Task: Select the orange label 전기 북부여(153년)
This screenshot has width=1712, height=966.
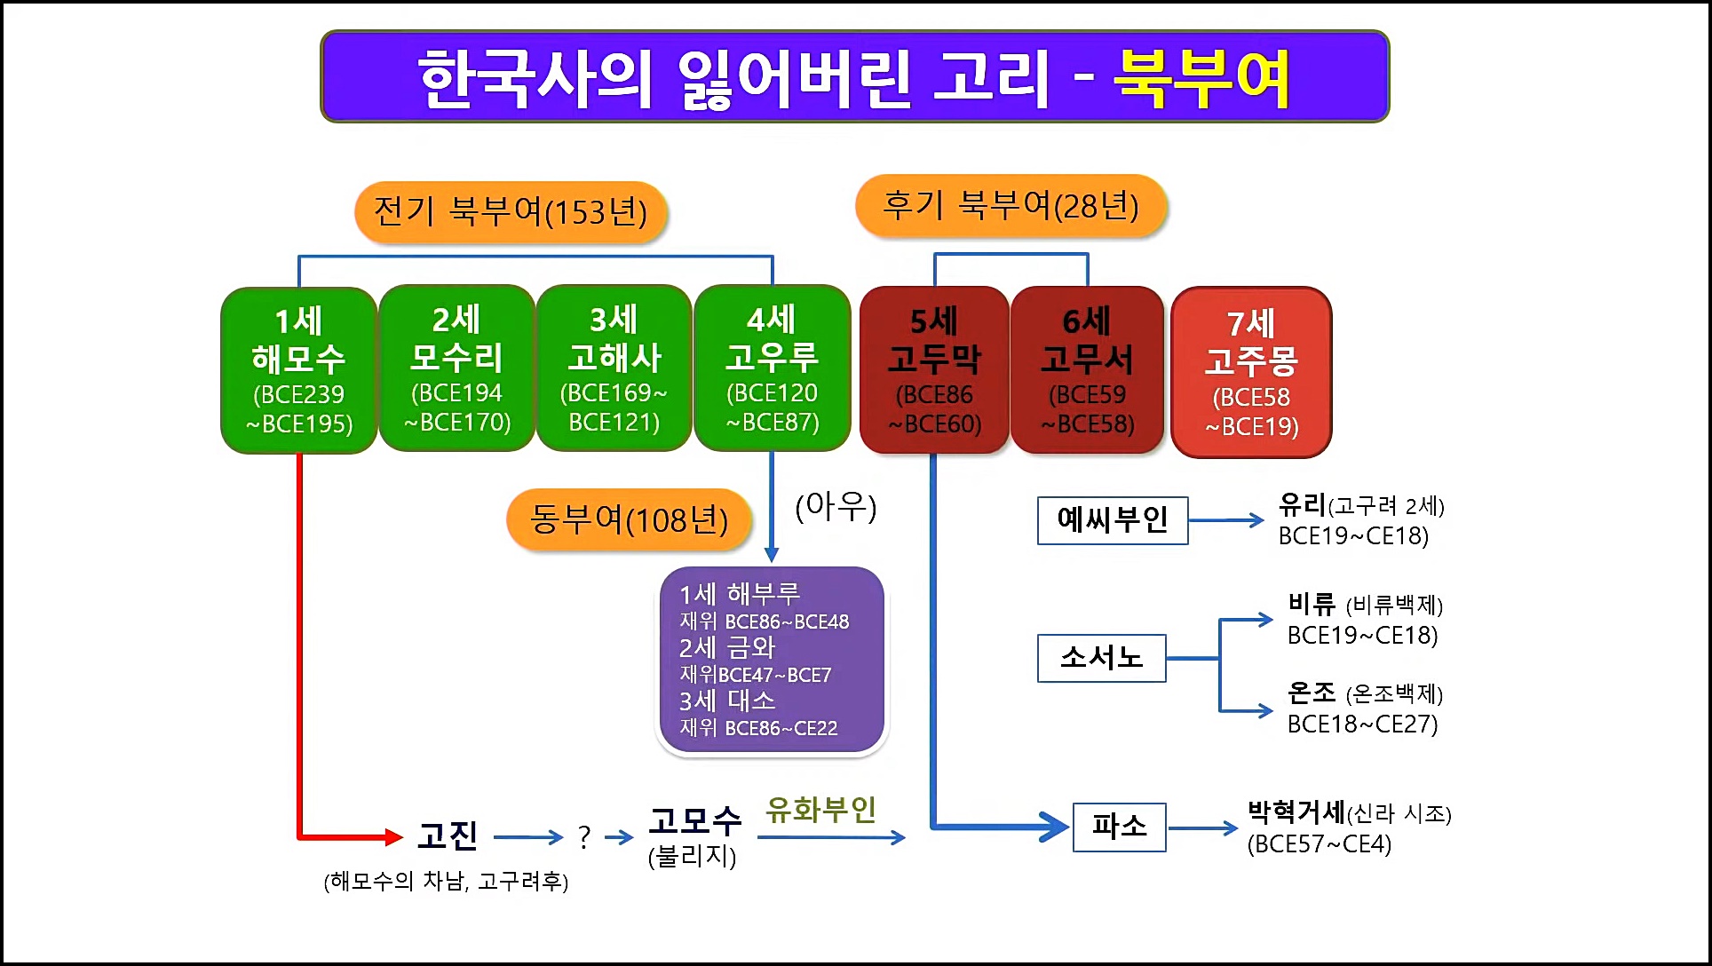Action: (x=510, y=212)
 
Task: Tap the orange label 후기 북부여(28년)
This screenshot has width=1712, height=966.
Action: (x=1011, y=206)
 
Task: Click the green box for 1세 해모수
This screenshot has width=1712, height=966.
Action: (x=299, y=369)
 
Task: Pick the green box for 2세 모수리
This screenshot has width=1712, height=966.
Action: (x=456, y=368)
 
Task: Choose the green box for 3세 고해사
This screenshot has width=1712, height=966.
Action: (x=614, y=368)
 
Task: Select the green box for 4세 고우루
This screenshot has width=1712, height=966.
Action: (x=772, y=368)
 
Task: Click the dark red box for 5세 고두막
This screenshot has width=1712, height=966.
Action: (x=934, y=370)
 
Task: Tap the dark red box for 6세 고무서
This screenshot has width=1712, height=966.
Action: (x=1087, y=370)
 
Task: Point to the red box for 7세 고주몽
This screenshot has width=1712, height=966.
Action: (x=1251, y=372)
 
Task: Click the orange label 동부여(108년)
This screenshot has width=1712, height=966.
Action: (x=629, y=519)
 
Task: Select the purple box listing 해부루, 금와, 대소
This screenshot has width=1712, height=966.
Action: (x=772, y=660)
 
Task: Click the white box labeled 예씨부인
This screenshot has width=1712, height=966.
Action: (x=1113, y=520)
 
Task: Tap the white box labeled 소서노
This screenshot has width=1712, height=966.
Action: (x=1101, y=658)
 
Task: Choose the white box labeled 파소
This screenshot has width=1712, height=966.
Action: (x=1119, y=827)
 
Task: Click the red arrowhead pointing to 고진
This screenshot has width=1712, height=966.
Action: (x=393, y=835)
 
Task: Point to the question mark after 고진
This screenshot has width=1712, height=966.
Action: (x=583, y=836)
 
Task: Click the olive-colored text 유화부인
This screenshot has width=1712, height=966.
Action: (x=820, y=810)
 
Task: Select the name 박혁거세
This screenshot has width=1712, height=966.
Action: (x=1296, y=812)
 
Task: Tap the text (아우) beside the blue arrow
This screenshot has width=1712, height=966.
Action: (x=836, y=507)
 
